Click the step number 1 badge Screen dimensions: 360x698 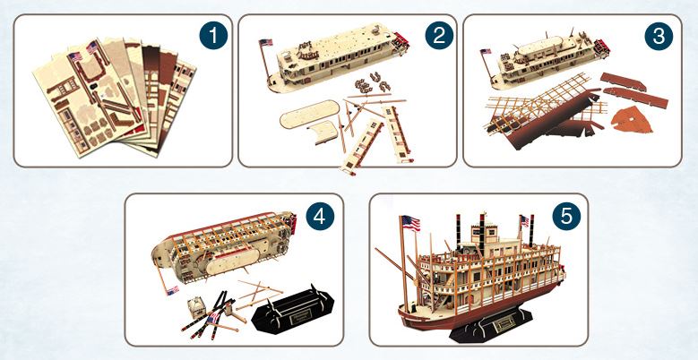coord(211,37)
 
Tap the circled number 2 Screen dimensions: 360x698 coord(437,37)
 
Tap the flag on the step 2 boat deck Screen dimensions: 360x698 coord(264,43)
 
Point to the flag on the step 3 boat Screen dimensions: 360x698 coord(487,52)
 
